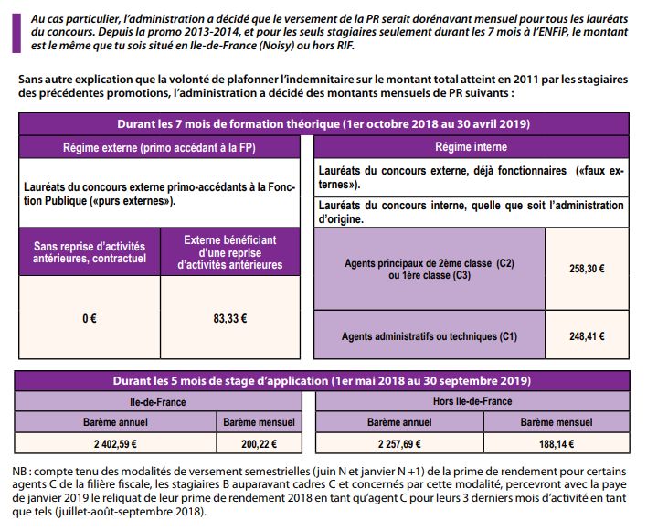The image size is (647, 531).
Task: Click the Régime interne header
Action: pyautogui.click(x=472, y=146)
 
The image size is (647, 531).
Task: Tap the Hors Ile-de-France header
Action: pyautogui.click(x=472, y=401)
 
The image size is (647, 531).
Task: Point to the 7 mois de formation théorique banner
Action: pyautogui.click(x=323, y=123)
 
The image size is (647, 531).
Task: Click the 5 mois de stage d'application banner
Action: pyautogui.click(x=323, y=380)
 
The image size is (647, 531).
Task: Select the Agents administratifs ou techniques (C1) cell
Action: pyautogui.click(x=429, y=336)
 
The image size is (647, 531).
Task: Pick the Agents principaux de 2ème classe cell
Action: pyautogui.click(x=429, y=270)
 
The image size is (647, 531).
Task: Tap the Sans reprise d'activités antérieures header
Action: pyautogui.click(x=89, y=252)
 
